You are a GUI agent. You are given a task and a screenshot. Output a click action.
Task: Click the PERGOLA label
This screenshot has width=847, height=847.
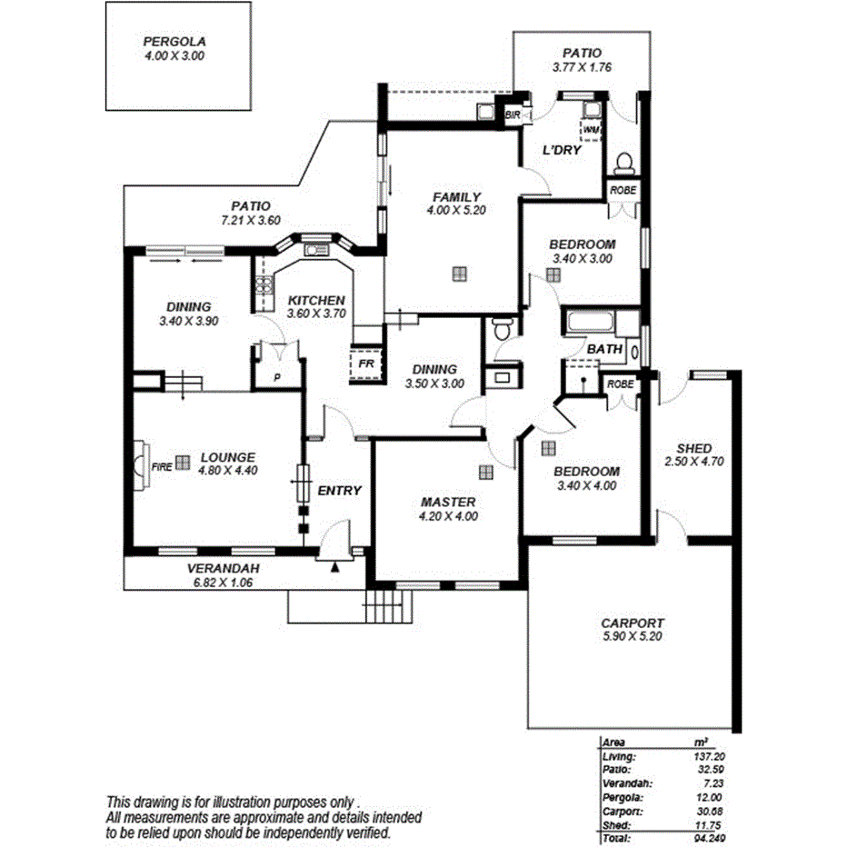pyautogui.click(x=174, y=42)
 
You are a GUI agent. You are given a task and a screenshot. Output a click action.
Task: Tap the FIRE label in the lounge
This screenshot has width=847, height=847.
pyautogui.click(x=162, y=466)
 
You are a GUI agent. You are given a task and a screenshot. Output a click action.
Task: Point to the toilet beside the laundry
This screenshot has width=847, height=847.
pyautogui.click(x=624, y=164)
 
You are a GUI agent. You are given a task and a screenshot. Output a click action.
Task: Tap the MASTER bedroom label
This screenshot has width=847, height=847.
pyautogui.click(x=448, y=503)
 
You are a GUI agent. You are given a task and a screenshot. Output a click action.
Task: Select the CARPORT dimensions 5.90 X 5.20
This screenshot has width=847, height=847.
pyautogui.click(x=632, y=637)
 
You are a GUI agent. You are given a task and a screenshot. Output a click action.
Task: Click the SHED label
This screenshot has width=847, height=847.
pyautogui.click(x=694, y=448)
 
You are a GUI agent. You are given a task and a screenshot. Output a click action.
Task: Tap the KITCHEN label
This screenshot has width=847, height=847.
pyautogui.click(x=316, y=300)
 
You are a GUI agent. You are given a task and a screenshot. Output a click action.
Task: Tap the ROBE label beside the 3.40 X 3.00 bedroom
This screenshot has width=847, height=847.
pyautogui.click(x=623, y=190)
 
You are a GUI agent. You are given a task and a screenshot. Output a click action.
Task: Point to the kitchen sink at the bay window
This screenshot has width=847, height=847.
pyautogui.click(x=316, y=251)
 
